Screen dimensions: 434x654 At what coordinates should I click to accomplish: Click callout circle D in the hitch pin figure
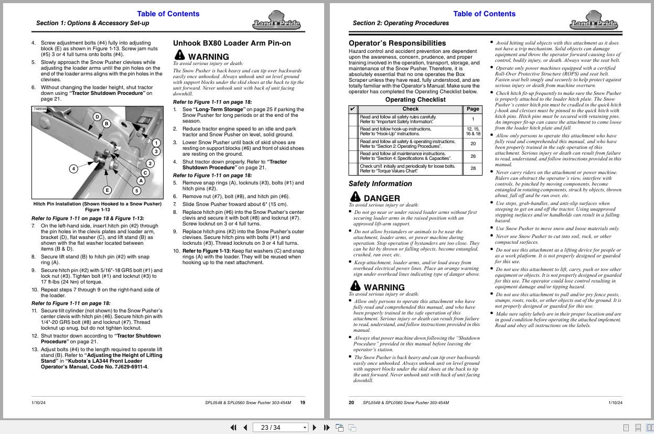[x=97, y=116]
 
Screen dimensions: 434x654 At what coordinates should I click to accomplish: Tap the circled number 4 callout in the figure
[x=74, y=168]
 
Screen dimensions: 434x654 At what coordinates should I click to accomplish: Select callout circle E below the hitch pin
[x=107, y=190]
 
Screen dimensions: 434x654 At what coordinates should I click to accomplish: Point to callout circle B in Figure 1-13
[x=106, y=124]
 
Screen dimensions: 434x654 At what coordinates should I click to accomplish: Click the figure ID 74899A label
[x=40, y=109]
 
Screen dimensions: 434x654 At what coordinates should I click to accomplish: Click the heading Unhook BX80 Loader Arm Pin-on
[x=231, y=43]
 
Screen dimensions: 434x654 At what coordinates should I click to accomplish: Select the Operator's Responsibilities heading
[x=397, y=43]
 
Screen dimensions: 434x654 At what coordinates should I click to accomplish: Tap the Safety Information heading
[x=380, y=183]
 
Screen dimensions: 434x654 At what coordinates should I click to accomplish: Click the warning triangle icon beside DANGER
[x=355, y=197]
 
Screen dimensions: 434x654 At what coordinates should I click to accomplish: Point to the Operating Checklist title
[x=415, y=100]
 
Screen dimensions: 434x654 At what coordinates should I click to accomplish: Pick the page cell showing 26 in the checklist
[x=473, y=156]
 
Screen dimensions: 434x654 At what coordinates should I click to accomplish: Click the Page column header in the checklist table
[x=473, y=109]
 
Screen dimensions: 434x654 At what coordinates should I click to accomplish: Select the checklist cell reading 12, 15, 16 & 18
[x=473, y=131]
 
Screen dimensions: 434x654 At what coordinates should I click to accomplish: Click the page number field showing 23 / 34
[x=278, y=427]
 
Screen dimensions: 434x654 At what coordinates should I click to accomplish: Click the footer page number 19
[x=303, y=403]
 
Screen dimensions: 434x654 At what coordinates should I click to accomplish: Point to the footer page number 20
[x=351, y=403]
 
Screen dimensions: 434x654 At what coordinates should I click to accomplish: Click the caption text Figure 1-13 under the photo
[x=98, y=209]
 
